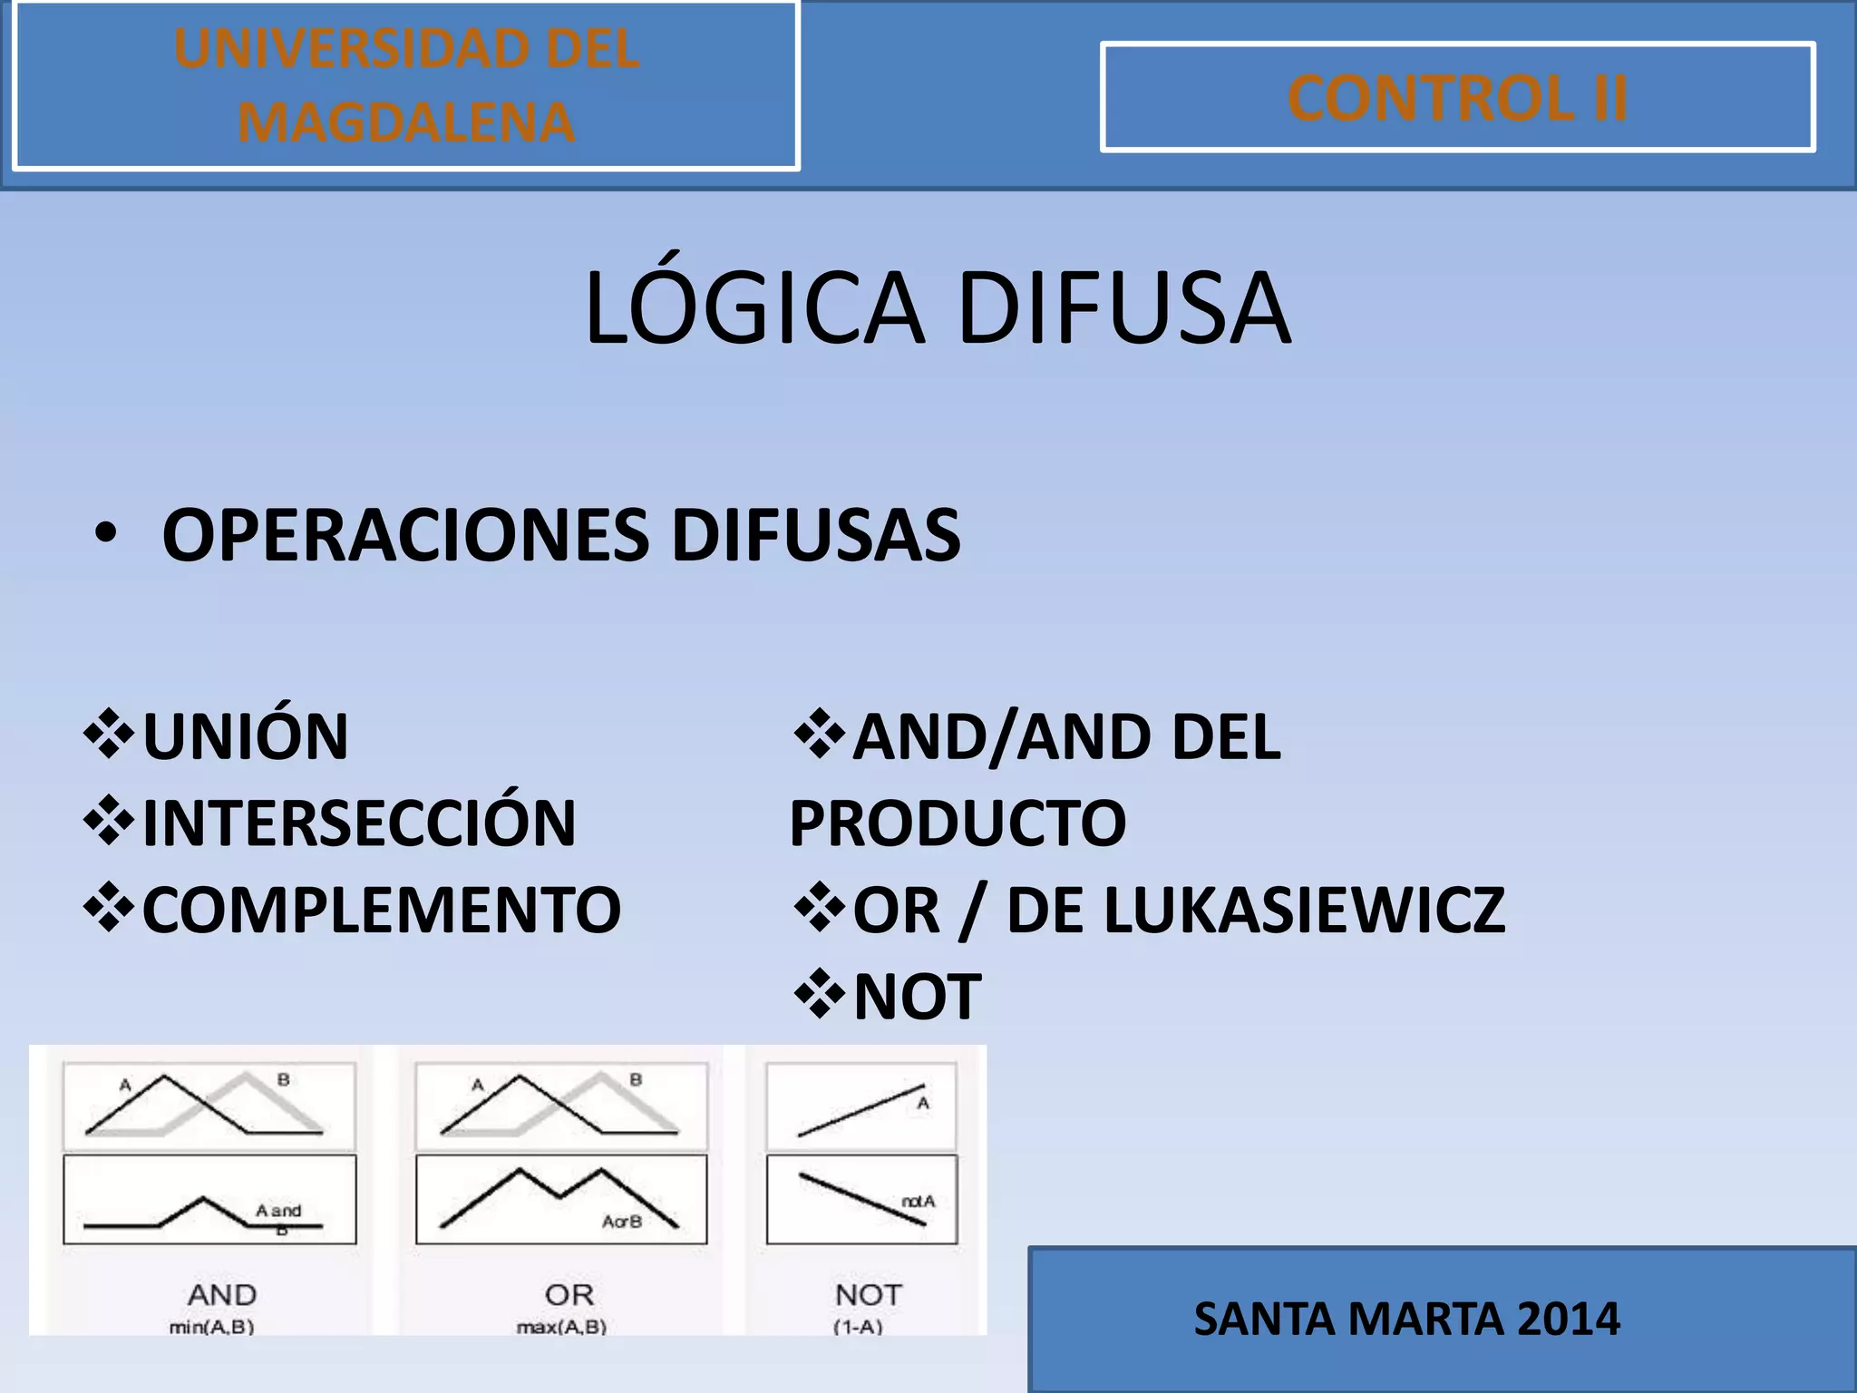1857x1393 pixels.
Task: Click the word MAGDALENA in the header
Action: point(405,122)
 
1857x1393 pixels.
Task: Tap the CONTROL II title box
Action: point(1457,97)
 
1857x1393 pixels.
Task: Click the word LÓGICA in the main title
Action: point(753,308)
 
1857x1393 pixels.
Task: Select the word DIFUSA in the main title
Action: point(1123,308)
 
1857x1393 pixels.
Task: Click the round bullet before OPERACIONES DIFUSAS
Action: point(105,534)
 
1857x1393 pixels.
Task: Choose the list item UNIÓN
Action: point(245,735)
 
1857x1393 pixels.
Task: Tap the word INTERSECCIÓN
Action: point(359,823)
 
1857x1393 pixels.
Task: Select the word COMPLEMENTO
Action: point(382,910)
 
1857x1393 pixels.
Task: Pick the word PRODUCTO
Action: point(958,823)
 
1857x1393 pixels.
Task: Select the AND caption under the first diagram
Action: point(222,1294)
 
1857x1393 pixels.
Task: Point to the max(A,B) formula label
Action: point(561,1327)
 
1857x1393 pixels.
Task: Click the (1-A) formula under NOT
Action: point(858,1327)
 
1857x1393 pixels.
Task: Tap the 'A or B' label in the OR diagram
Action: point(622,1222)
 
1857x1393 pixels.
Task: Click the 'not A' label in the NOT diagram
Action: point(918,1202)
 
